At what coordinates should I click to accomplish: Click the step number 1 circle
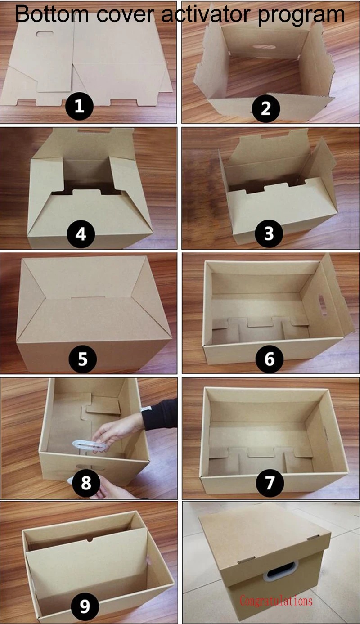pyautogui.click(x=79, y=106)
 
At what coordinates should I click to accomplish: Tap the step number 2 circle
pyautogui.click(x=266, y=108)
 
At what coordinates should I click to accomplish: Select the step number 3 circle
pyautogui.click(x=269, y=233)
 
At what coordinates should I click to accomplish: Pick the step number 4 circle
pyautogui.click(x=81, y=234)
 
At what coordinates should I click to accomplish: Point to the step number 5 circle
pyautogui.click(x=82, y=359)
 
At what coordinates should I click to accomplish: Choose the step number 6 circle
pyautogui.click(x=270, y=359)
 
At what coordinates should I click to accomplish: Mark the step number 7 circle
pyautogui.click(x=270, y=482)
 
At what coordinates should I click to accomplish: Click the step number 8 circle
pyautogui.click(x=86, y=482)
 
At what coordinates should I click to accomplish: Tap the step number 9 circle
pyautogui.click(x=85, y=606)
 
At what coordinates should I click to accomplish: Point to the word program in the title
pyautogui.click(x=301, y=16)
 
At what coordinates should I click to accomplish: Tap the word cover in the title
pyautogui.click(x=125, y=15)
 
